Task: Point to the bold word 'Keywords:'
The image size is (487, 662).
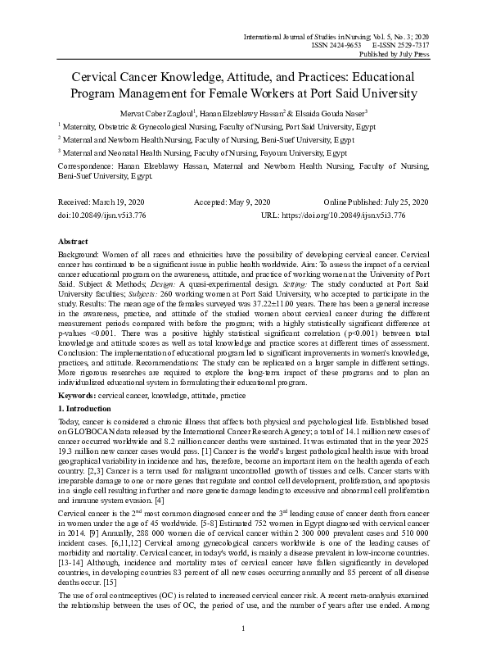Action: [77, 395]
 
